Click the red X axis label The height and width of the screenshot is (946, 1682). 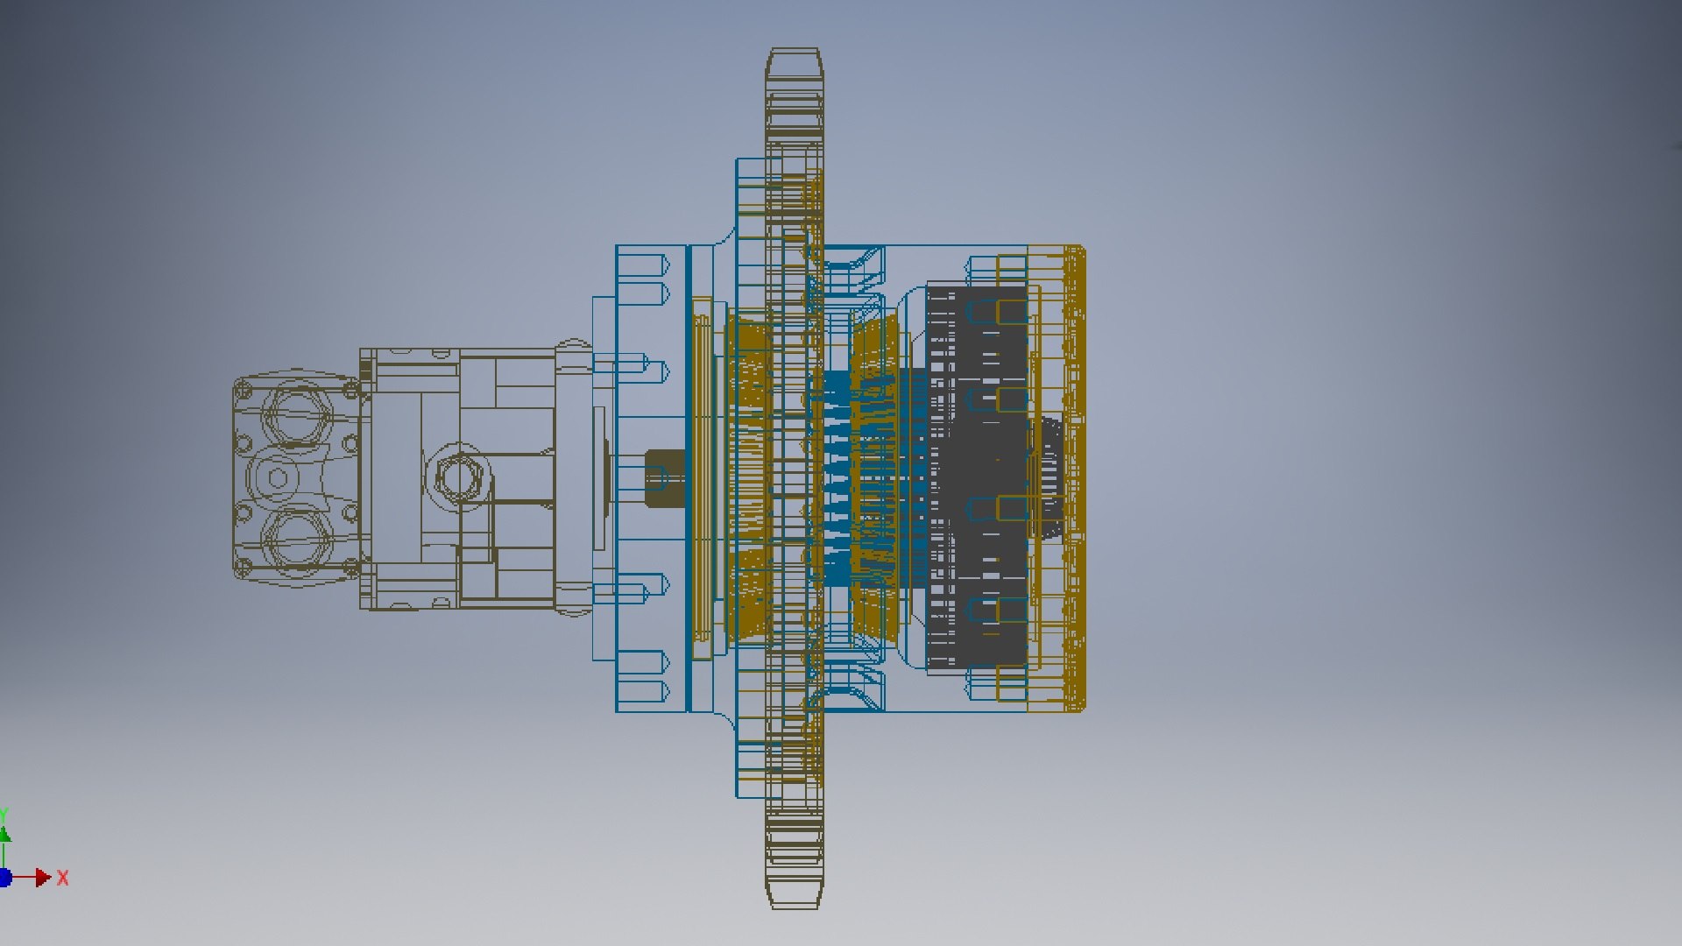(62, 878)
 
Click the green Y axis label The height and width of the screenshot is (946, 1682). (4, 815)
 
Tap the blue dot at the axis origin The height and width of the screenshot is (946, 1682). (4, 877)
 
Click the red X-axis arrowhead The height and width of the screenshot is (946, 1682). (42, 877)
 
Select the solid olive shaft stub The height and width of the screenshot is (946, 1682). (663, 478)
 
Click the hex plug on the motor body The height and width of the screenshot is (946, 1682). (457, 478)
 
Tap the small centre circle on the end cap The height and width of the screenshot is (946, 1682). (278, 478)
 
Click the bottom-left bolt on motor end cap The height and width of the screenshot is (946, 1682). (244, 568)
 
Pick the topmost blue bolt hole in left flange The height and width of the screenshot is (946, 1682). (644, 265)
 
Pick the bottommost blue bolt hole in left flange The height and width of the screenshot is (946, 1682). (644, 692)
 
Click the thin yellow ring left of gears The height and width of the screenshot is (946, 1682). (702, 478)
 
